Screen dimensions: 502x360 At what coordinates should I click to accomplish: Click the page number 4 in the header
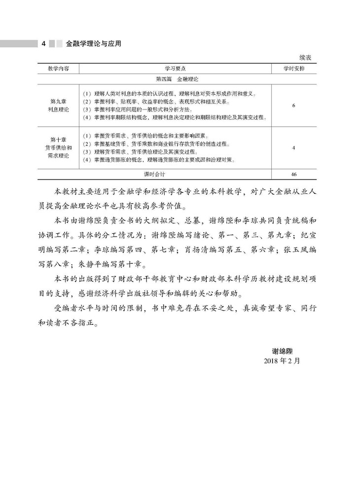pos(44,44)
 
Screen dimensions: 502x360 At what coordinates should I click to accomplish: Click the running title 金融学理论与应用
pos(93,44)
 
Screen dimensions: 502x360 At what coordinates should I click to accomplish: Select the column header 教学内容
pos(59,68)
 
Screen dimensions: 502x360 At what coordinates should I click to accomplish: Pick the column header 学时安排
pos(293,68)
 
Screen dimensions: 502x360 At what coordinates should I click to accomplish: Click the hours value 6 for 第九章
pos(293,105)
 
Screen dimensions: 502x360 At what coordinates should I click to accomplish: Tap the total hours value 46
pos(293,175)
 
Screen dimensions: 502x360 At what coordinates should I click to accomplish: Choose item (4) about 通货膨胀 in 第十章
pos(158,160)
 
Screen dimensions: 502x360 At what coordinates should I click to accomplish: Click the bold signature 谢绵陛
pos(286,351)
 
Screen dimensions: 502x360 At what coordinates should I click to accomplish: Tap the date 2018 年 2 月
pos(282,360)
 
